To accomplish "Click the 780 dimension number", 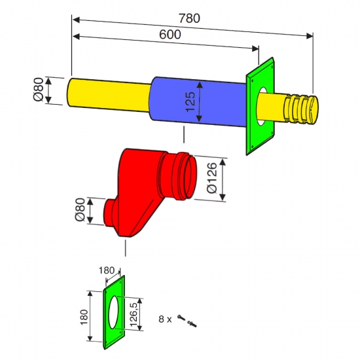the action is click(x=189, y=18).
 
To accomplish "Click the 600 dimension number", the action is click(x=170, y=35).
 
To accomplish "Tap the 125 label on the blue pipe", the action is click(x=190, y=101).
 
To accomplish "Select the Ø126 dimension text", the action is click(x=211, y=178).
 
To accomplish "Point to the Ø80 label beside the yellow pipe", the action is click(x=39, y=89).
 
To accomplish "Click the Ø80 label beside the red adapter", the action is click(x=80, y=209).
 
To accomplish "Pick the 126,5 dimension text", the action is click(x=133, y=315).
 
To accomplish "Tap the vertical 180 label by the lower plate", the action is click(x=84, y=317).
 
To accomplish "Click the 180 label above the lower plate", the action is click(x=107, y=270).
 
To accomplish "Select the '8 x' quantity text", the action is click(x=165, y=319).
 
